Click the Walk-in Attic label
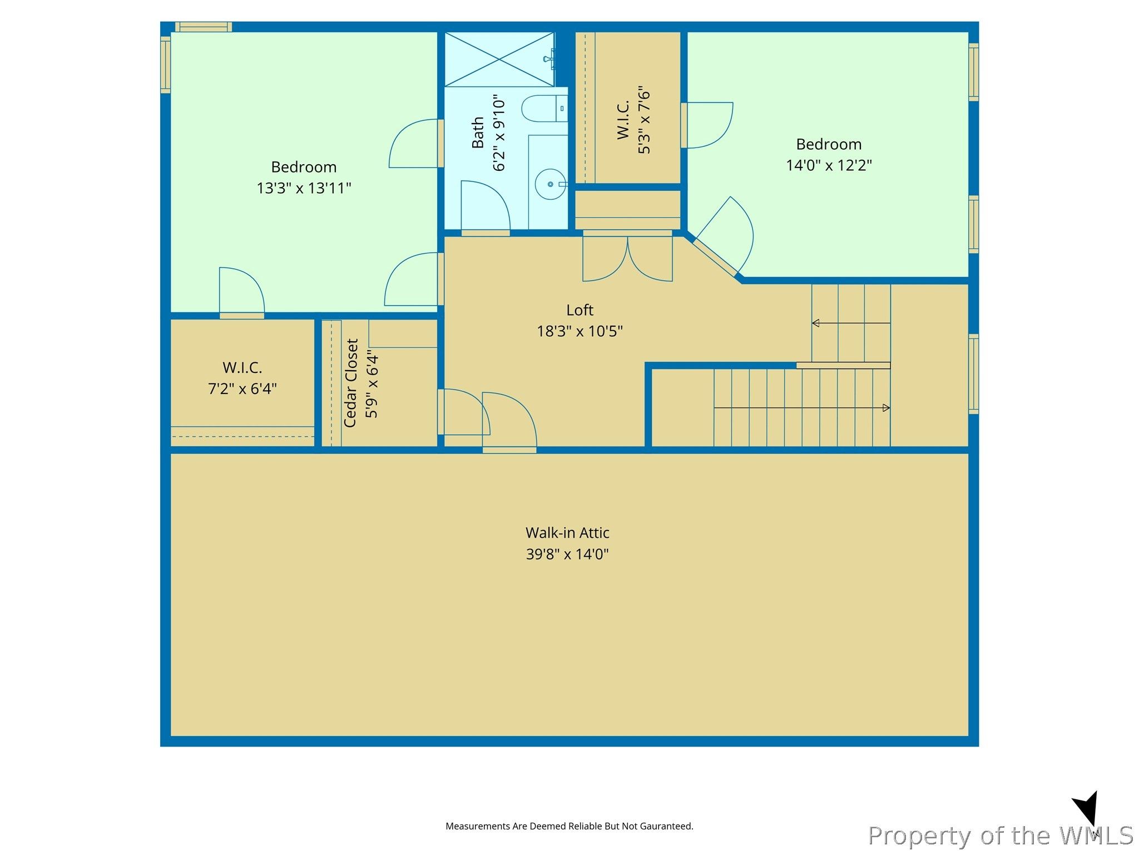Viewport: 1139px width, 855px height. tap(567, 533)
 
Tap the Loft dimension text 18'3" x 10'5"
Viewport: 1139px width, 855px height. tap(580, 331)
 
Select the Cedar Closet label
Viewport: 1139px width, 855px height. tap(350, 383)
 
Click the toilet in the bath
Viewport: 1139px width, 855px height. tap(544, 109)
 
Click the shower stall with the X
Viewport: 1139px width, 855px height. tap(499, 59)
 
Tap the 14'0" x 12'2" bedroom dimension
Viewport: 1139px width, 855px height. tap(829, 165)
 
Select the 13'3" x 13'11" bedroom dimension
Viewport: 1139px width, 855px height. tap(304, 188)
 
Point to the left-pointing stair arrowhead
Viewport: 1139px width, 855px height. tap(815, 323)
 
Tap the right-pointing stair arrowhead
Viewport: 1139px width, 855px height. tap(887, 408)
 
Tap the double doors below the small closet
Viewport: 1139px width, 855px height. tap(627, 257)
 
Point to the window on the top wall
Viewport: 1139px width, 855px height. tap(203, 27)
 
